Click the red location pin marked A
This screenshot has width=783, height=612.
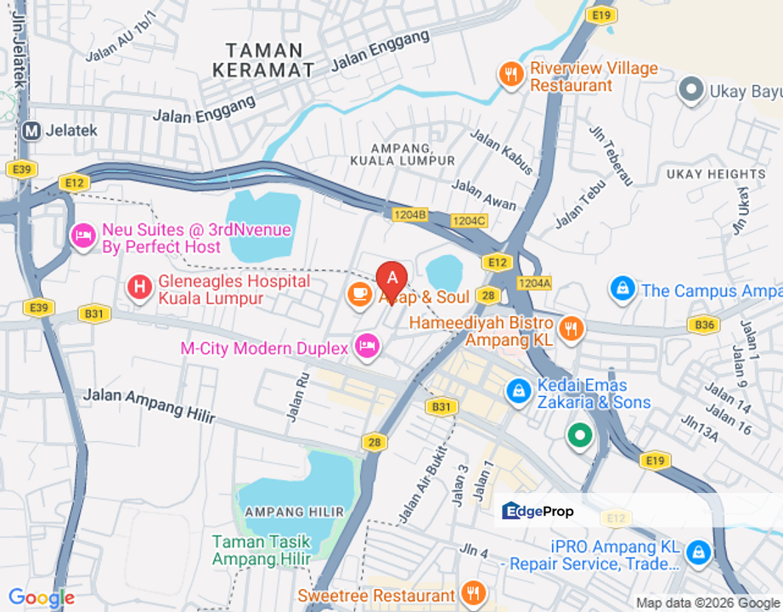coord(391,278)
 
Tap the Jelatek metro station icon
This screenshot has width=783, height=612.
coord(32,131)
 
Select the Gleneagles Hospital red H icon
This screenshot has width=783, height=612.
coord(139,287)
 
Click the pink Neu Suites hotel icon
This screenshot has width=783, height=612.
coord(83,235)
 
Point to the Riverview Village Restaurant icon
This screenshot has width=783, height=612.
coord(510,75)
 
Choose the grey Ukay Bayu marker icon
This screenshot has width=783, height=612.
coord(691,88)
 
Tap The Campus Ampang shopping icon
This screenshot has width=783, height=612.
coord(622,289)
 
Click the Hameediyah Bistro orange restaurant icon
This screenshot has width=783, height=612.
coord(572,328)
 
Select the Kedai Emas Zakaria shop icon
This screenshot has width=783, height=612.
coord(517,391)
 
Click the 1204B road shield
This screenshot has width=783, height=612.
coord(409,215)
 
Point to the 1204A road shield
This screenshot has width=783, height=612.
coord(534,283)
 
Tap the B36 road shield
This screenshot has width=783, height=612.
coord(704,324)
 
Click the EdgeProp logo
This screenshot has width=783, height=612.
coord(538,511)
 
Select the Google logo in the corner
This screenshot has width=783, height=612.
coord(41,598)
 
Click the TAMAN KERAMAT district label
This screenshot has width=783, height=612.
coord(263,60)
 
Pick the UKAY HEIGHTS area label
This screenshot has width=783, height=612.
coord(704,174)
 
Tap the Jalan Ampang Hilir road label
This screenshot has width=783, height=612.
coord(149,405)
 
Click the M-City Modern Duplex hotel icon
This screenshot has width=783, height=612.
coord(366,346)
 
